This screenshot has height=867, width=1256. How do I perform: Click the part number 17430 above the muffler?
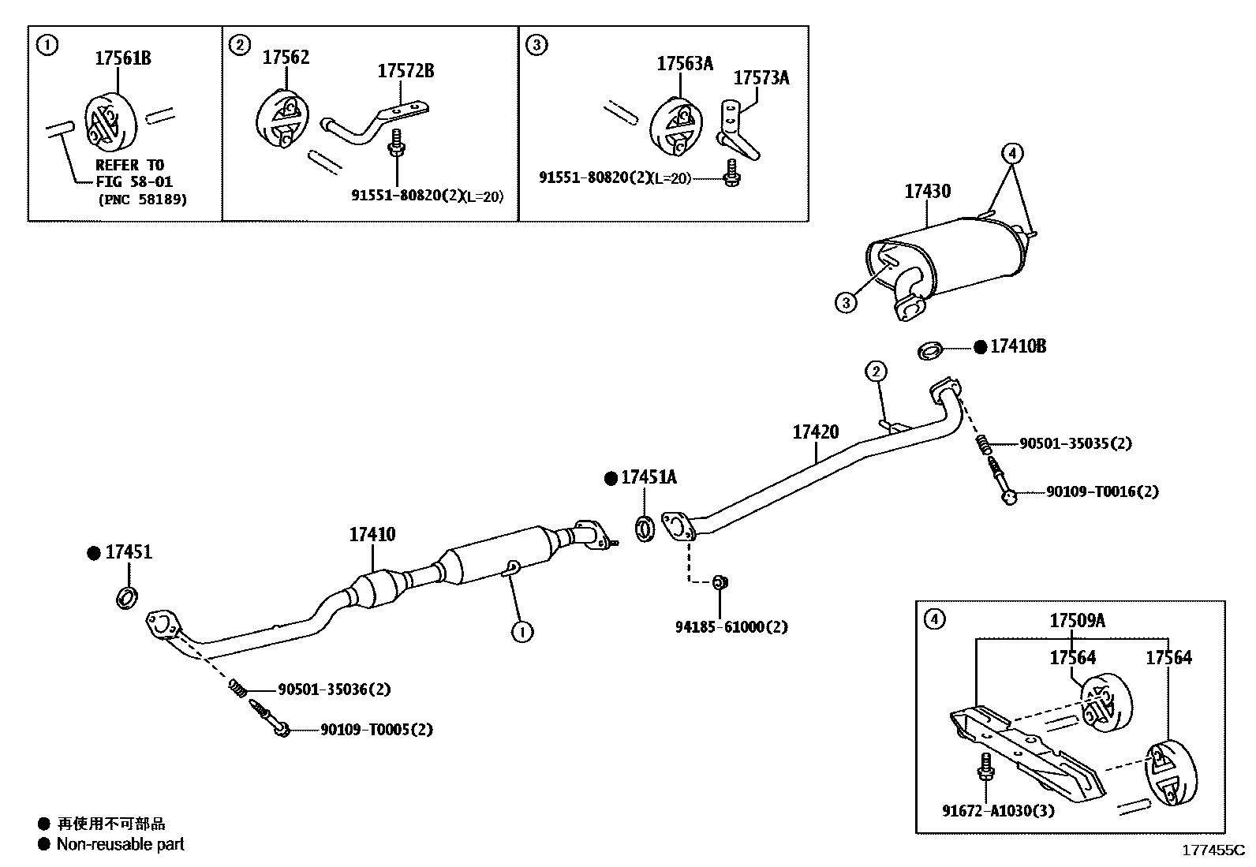[x=927, y=191]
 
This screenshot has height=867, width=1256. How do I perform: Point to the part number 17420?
[x=815, y=432]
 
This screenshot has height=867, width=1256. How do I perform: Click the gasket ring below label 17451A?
[x=645, y=528]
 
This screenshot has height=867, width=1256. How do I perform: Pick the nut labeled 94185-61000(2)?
[x=719, y=582]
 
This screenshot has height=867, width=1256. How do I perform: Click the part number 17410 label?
[x=372, y=534]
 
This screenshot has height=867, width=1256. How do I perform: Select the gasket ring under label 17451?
[x=127, y=597]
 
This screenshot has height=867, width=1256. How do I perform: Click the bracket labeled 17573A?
[x=735, y=130]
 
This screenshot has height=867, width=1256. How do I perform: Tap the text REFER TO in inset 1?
[x=129, y=165]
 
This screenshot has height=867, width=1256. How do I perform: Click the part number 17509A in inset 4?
[x=1077, y=620]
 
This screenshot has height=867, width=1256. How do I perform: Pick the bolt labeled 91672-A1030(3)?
[x=985, y=768]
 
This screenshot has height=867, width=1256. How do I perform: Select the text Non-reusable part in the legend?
[x=120, y=844]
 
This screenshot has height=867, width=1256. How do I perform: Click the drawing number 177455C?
[x=1212, y=850]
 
